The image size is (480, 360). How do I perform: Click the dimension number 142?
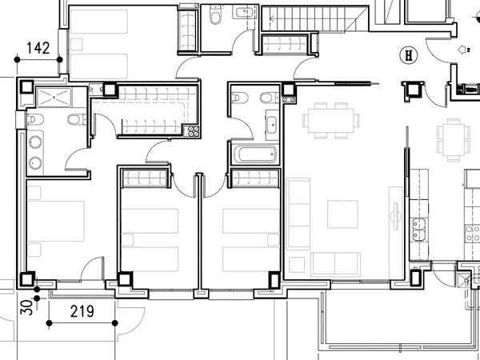(38, 48)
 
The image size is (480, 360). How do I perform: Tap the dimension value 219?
(82, 311)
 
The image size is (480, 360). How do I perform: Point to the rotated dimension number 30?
(26, 307)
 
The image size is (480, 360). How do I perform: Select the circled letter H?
(409, 55)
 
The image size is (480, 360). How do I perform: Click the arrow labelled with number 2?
(463, 50)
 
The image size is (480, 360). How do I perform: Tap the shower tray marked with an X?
(54, 98)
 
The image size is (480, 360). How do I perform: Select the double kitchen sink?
(418, 229)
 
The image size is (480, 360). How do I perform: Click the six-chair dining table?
(331, 121)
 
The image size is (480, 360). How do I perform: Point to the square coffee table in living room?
(342, 214)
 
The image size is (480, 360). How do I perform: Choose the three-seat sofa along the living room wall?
(298, 214)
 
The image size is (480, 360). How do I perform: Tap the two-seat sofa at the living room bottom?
(335, 264)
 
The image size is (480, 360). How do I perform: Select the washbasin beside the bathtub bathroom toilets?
(272, 125)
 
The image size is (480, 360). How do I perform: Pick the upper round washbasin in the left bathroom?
(35, 143)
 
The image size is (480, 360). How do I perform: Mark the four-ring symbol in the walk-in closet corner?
(194, 131)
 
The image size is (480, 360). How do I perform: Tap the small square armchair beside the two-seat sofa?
(297, 265)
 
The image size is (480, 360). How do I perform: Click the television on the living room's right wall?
(395, 216)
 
